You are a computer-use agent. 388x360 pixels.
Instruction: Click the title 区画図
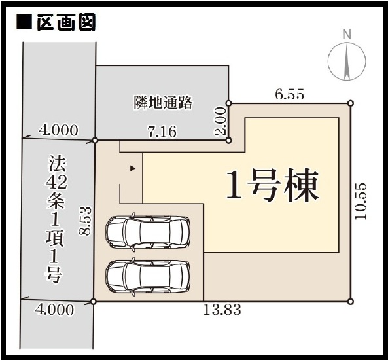pos(66,23)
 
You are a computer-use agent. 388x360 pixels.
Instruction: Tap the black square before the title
pos(24,23)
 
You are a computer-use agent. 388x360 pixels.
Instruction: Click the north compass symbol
pos(347,61)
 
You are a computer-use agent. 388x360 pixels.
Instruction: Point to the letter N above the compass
pos(347,35)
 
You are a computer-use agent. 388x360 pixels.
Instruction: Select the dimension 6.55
pos(289,94)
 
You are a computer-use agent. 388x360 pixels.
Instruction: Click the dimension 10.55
pos(361,201)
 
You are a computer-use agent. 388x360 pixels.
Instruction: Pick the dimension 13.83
pos(222,310)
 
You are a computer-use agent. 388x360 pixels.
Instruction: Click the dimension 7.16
pos(162,132)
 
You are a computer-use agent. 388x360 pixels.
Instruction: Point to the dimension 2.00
pos(220,121)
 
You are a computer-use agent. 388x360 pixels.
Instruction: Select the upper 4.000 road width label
pos(58,130)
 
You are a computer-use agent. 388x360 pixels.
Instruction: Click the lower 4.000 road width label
pos(54,310)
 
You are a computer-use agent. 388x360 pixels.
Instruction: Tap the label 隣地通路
pos(163,103)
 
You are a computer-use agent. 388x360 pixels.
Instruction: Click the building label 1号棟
pos(272,185)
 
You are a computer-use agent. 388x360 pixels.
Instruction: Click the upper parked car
pos(148,232)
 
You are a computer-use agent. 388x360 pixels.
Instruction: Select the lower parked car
pos(148,277)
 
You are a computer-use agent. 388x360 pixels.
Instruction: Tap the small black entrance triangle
pos(133,169)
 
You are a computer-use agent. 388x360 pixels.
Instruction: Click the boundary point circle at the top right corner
pos(351,103)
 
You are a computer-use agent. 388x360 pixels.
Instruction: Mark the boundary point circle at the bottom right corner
pos(351,302)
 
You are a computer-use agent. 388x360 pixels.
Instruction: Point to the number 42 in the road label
pos(56,183)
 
